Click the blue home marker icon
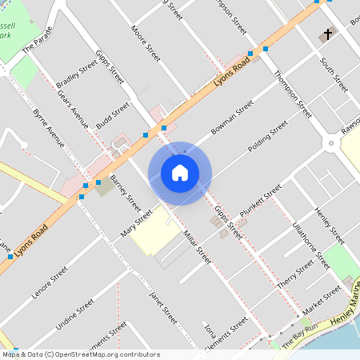point(180,173)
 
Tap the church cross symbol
point(326,36)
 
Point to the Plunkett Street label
point(261,199)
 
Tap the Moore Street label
point(146,33)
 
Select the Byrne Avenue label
point(50,129)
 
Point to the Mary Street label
point(136,224)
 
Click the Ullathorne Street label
point(311,244)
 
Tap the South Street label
point(334,74)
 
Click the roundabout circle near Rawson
point(331,143)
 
